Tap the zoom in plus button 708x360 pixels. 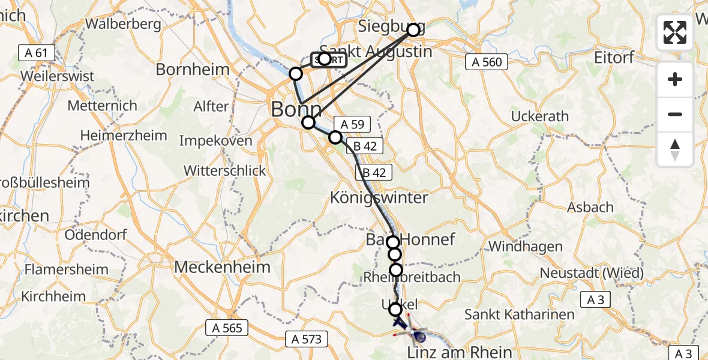tap(675, 79)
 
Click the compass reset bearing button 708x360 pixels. tap(675, 149)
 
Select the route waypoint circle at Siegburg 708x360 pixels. tap(413, 29)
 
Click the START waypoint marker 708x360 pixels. tap(324, 59)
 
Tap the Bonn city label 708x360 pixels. tap(296, 110)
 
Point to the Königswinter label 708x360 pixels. tap(379, 197)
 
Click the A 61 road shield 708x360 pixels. tap(33, 53)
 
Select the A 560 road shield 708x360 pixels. tap(487, 61)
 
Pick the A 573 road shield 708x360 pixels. tap(307, 339)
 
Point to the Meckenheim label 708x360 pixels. tap(223, 267)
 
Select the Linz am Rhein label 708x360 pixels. tap(460, 352)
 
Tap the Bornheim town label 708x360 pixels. tap(193, 70)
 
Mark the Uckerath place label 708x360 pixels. tap(540, 116)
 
